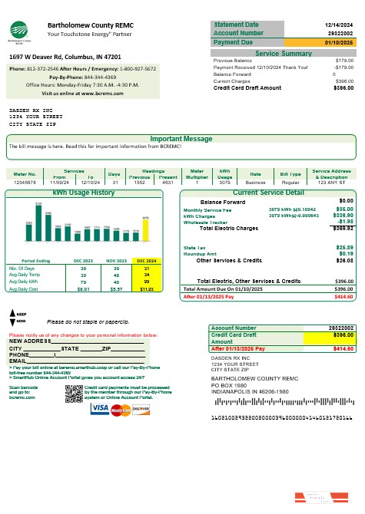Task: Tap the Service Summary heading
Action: tap(283, 54)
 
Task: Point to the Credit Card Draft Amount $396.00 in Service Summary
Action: tap(343, 87)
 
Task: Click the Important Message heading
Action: tap(181, 139)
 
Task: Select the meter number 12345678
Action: tap(25, 182)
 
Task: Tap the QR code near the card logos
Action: tap(74, 393)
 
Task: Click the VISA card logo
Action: tap(100, 409)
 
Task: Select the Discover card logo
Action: tap(140, 409)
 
